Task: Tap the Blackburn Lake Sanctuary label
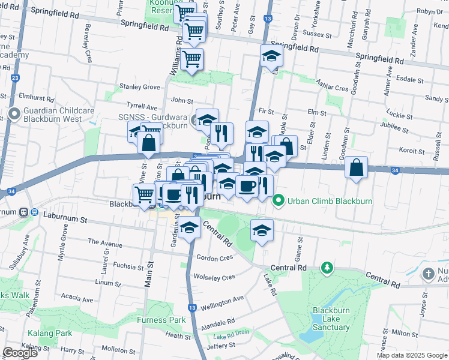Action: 331,319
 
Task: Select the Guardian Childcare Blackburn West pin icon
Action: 14,113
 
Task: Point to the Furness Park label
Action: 161,320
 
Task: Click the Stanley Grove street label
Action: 140,87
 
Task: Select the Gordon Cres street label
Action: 214,258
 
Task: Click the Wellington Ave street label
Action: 222,299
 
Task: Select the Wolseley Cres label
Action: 214,277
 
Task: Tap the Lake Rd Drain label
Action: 231,337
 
